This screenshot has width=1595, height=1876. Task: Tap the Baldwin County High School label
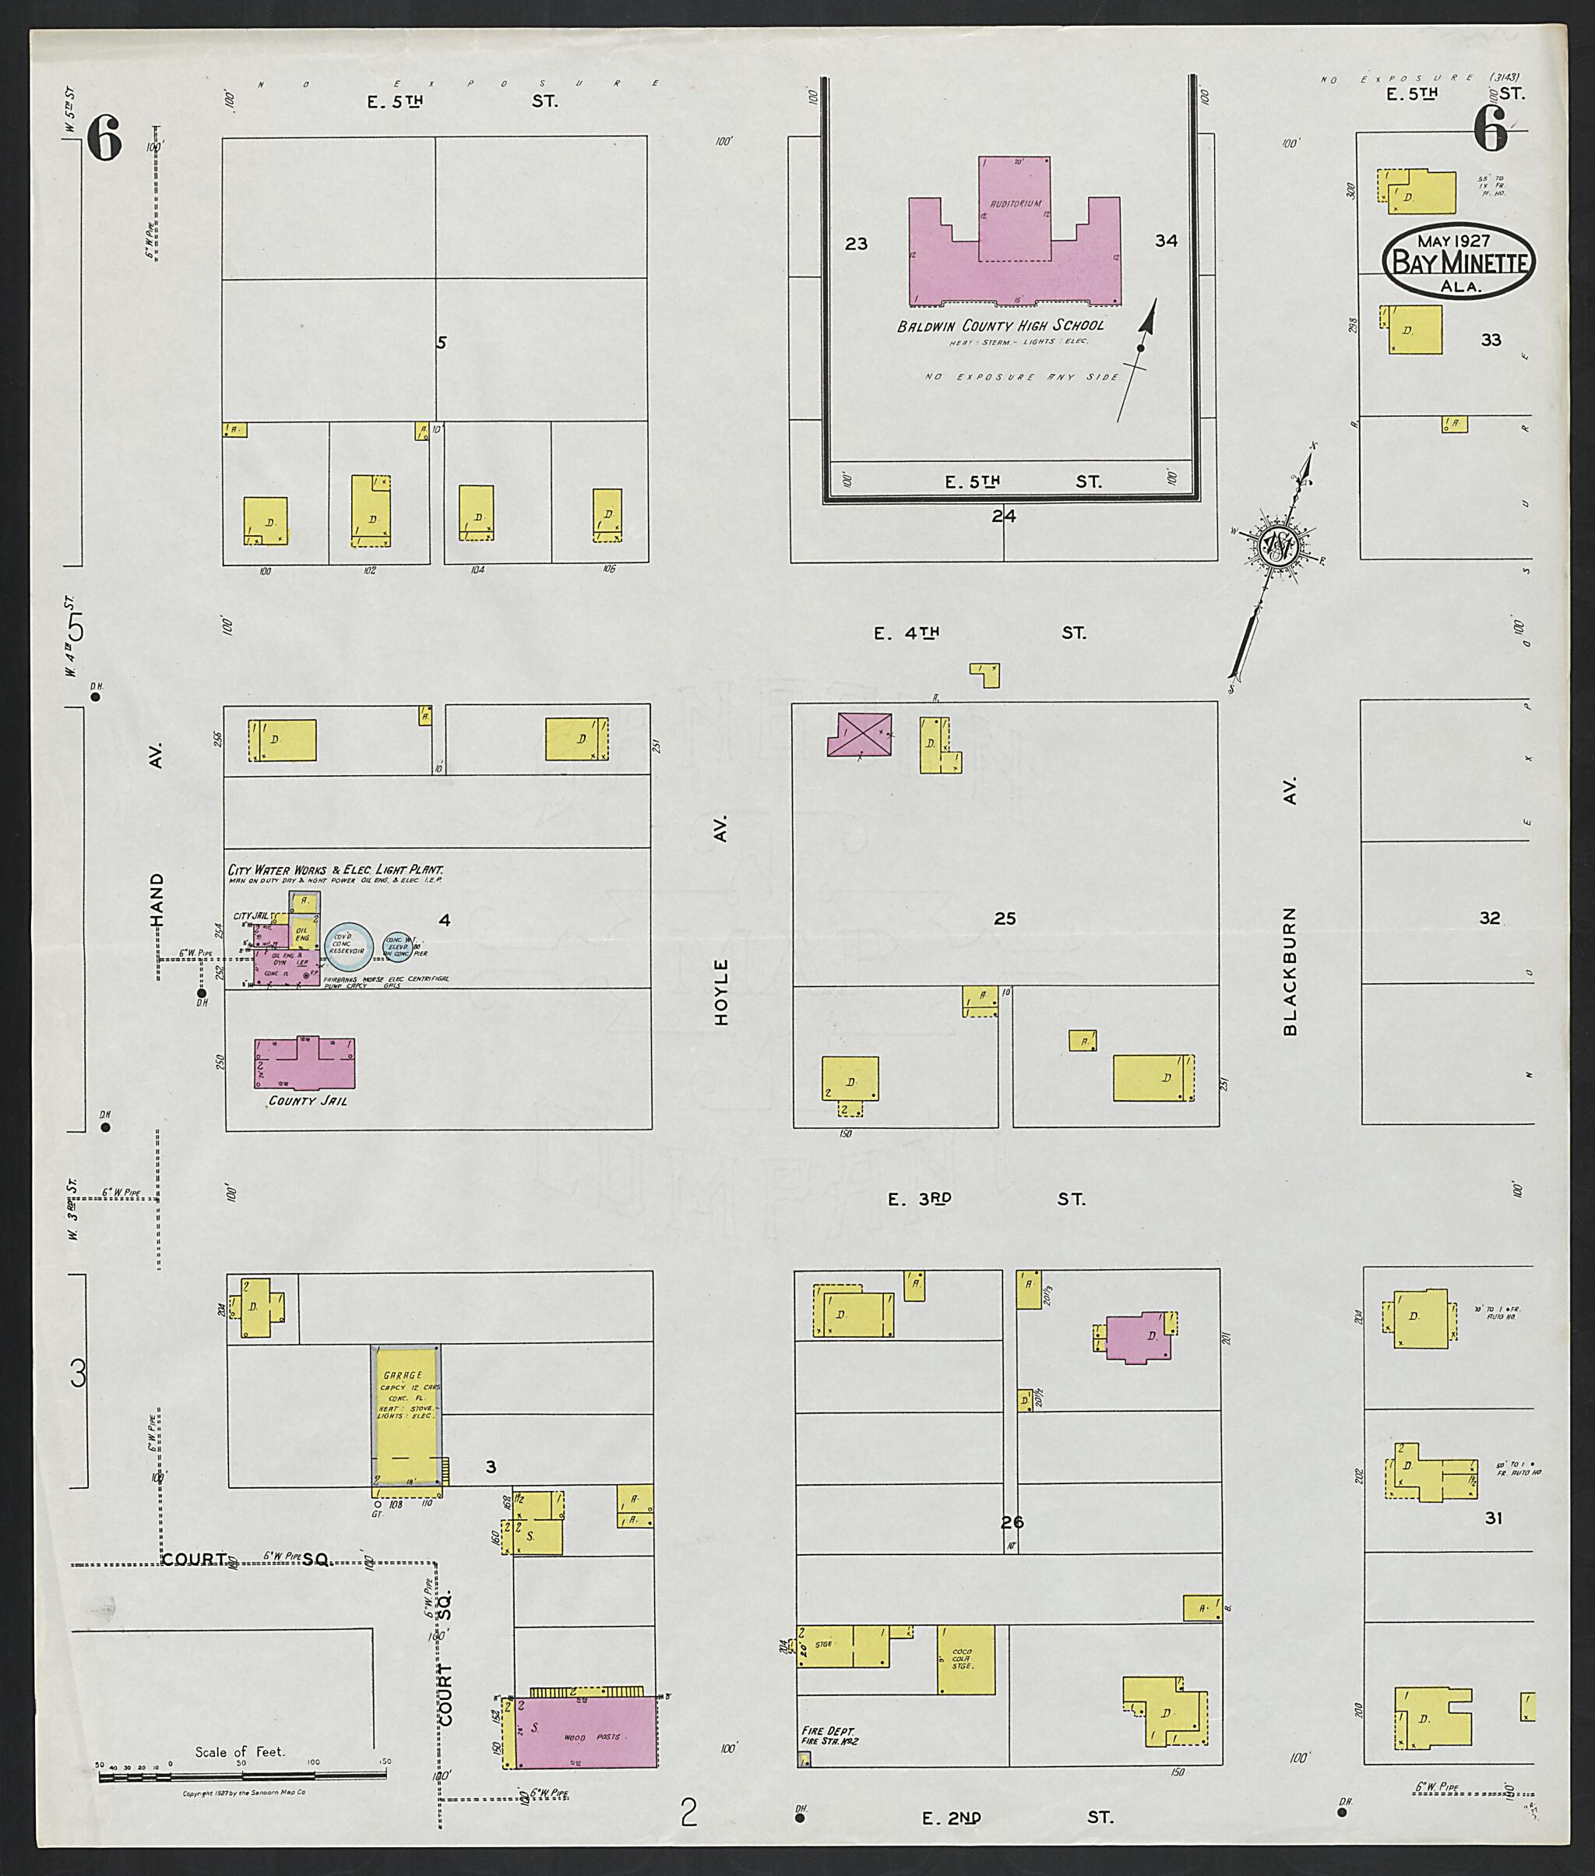(x=1000, y=326)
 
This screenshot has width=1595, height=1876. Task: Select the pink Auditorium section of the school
(x=1015, y=208)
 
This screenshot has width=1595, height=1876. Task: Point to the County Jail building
(x=304, y=1063)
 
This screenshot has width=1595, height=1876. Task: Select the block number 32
(x=1489, y=917)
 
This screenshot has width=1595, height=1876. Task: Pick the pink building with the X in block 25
(x=860, y=735)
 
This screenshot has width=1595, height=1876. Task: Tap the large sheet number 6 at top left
(x=104, y=140)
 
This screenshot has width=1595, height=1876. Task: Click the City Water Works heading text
(x=335, y=869)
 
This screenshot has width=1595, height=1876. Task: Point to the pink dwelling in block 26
(x=1139, y=1338)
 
